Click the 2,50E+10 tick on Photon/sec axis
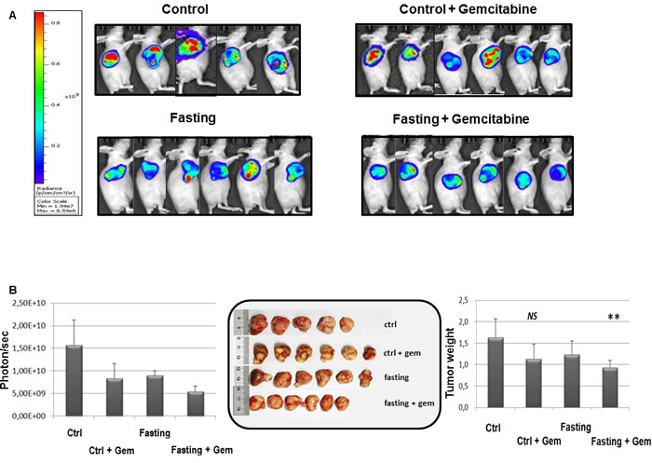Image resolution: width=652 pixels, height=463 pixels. pos(33,303)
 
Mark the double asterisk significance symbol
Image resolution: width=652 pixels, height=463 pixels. pos(614,318)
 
